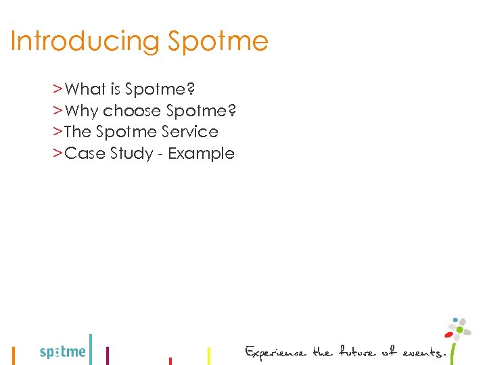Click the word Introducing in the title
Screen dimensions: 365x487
(85, 42)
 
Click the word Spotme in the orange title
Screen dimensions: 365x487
(218, 42)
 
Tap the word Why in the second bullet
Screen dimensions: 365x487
(82, 111)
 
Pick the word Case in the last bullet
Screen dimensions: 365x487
(81, 153)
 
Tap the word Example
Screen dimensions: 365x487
(201, 153)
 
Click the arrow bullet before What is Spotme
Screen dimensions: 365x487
(58, 89)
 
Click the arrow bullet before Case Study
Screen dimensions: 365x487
(58, 153)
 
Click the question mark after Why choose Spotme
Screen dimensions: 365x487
(232, 111)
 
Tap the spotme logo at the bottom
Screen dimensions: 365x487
(63, 351)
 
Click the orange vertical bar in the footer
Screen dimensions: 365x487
(14, 356)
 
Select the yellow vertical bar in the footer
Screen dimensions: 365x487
(208, 356)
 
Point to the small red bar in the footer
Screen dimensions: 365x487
(170, 361)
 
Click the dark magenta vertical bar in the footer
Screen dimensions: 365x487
(108, 356)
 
